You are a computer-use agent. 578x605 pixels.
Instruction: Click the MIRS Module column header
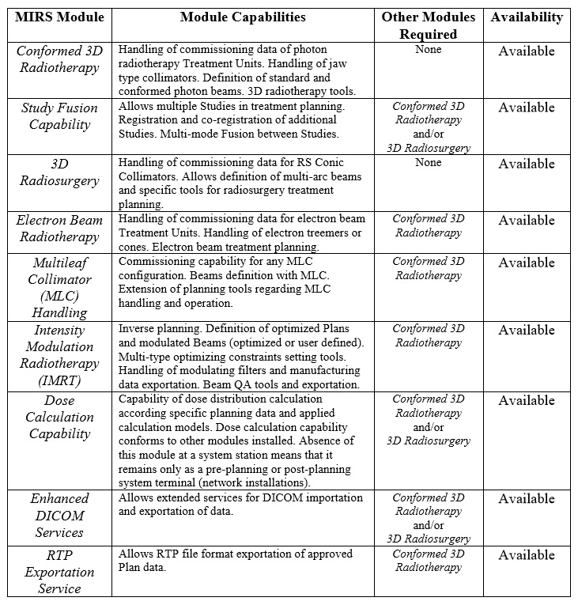click(x=59, y=17)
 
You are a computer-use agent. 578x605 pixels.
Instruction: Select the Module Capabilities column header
click(x=242, y=17)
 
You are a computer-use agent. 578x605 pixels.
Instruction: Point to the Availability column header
click(x=527, y=17)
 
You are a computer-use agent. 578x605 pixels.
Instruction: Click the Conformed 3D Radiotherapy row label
click(x=59, y=59)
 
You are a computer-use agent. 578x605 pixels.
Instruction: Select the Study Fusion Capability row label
click(x=59, y=116)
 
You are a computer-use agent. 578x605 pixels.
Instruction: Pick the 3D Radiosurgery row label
click(x=59, y=172)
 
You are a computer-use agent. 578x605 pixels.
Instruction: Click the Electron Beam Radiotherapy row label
click(x=59, y=229)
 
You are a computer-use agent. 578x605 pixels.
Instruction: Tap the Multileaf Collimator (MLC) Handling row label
click(x=59, y=286)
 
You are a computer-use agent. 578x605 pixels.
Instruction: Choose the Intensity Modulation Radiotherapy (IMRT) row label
click(x=59, y=354)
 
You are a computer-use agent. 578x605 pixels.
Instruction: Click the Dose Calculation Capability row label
click(x=59, y=417)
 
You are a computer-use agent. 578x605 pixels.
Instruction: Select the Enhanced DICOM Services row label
click(x=59, y=515)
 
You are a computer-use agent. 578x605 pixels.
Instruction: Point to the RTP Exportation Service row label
click(x=59, y=570)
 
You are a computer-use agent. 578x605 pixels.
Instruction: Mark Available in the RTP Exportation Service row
click(x=527, y=555)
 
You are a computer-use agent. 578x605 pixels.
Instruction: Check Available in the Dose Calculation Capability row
click(x=527, y=401)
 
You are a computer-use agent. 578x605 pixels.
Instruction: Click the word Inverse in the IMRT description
click(x=137, y=329)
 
